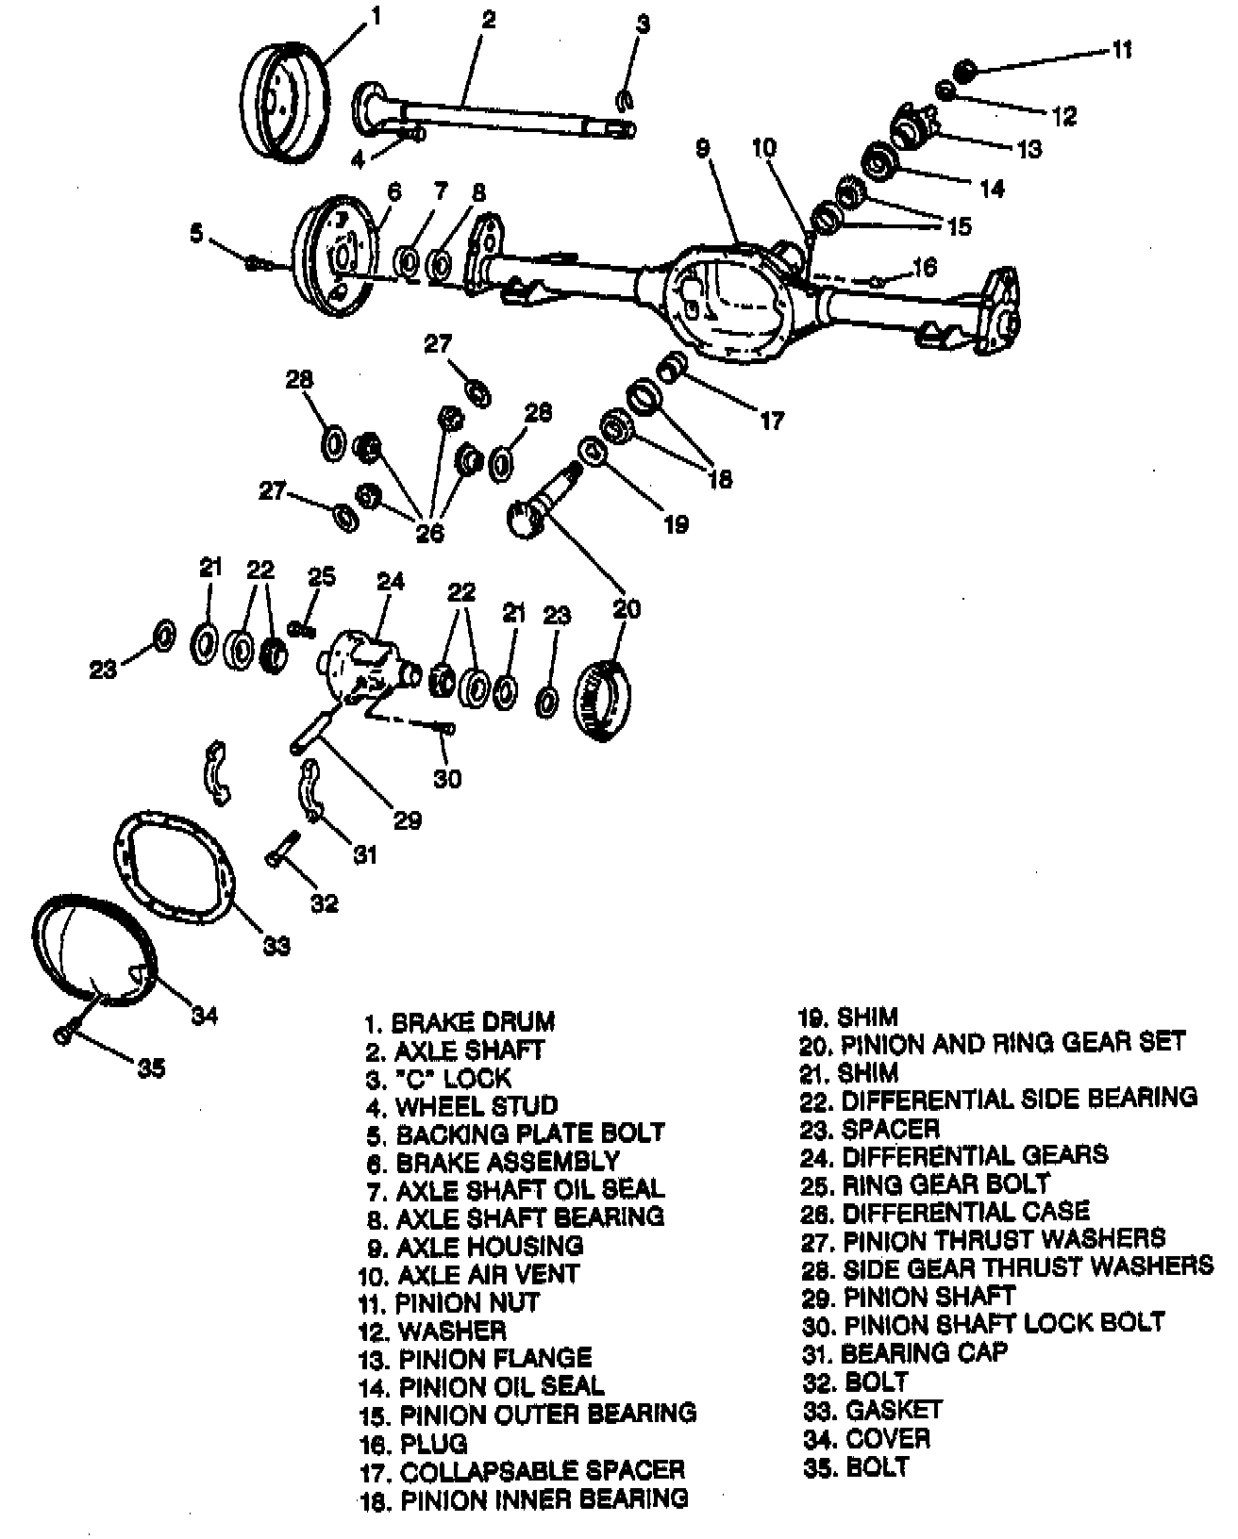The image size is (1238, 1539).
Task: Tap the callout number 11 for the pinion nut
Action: tap(1122, 49)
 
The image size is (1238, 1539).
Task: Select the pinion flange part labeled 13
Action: tap(910, 125)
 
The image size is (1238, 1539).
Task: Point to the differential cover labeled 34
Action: tap(94, 948)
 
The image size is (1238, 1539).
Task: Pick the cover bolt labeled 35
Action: tap(63, 1035)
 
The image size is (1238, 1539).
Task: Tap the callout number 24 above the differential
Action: tap(391, 581)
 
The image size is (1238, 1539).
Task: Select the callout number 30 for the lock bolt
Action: tap(447, 779)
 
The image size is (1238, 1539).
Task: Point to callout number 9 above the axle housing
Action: tap(703, 149)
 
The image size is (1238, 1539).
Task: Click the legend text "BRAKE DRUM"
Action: tap(473, 1022)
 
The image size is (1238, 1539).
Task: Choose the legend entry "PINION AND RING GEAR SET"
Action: tap(1012, 1043)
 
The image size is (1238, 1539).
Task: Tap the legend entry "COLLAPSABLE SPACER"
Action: tap(542, 1470)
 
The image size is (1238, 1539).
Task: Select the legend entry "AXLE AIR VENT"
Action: tap(488, 1274)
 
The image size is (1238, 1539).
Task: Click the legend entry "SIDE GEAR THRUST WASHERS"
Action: tap(1028, 1266)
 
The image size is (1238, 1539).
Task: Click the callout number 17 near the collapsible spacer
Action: tap(772, 421)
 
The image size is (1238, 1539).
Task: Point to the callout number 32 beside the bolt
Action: tap(324, 903)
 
